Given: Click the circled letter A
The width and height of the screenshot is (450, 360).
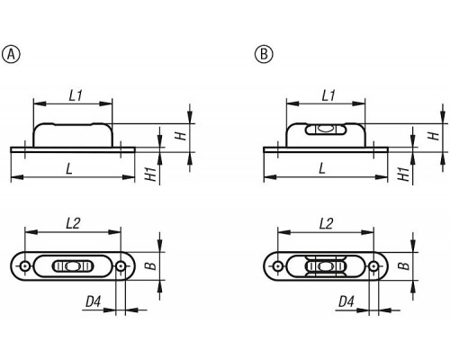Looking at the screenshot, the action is point(11,54).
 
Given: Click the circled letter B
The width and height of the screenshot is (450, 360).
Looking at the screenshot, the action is point(264,54).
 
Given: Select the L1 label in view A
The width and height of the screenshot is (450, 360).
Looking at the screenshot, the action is point(76,95).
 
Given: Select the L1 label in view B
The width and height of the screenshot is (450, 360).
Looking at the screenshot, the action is point(328,95).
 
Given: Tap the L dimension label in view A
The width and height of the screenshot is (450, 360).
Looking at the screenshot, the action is point(69,169).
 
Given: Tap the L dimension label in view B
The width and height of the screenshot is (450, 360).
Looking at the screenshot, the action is point(322,169).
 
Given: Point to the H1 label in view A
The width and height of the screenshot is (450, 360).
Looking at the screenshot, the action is point(152,174).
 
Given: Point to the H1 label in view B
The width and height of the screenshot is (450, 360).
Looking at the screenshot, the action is point(405,174).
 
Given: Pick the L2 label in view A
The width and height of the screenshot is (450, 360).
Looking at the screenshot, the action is point(73,223).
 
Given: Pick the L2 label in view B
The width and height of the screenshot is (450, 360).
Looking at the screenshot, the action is point(326,223).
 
